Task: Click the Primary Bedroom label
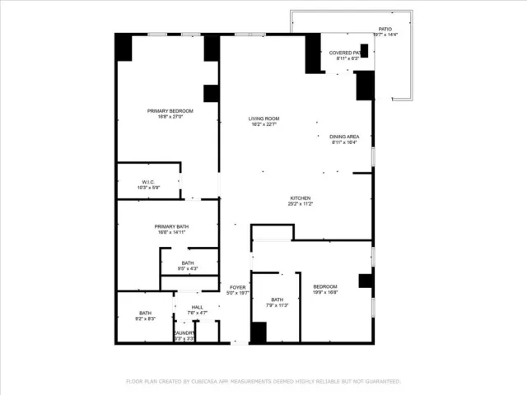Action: tap(170, 111)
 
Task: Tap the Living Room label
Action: tap(264, 119)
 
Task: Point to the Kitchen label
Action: tap(300, 197)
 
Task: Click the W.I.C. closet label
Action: tap(148, 182)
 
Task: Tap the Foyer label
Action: tap(238, 287)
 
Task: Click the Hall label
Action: tap(197, 307)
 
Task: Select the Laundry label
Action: tap(184, 332)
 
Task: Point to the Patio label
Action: tap(385, 29)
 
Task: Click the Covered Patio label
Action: tap(346, 53)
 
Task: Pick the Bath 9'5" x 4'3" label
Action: tap(188, 263)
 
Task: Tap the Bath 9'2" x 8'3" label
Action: tap(145, 313)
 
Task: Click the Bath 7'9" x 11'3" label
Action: tap(277, 300)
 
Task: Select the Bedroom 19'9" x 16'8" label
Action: tap(325, 286)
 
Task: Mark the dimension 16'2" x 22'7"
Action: tap(264, 125)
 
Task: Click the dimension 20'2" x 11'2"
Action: tap(300, 203)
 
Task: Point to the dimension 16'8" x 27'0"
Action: tap(170, 117)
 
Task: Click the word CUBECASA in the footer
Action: tap(210, 382)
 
